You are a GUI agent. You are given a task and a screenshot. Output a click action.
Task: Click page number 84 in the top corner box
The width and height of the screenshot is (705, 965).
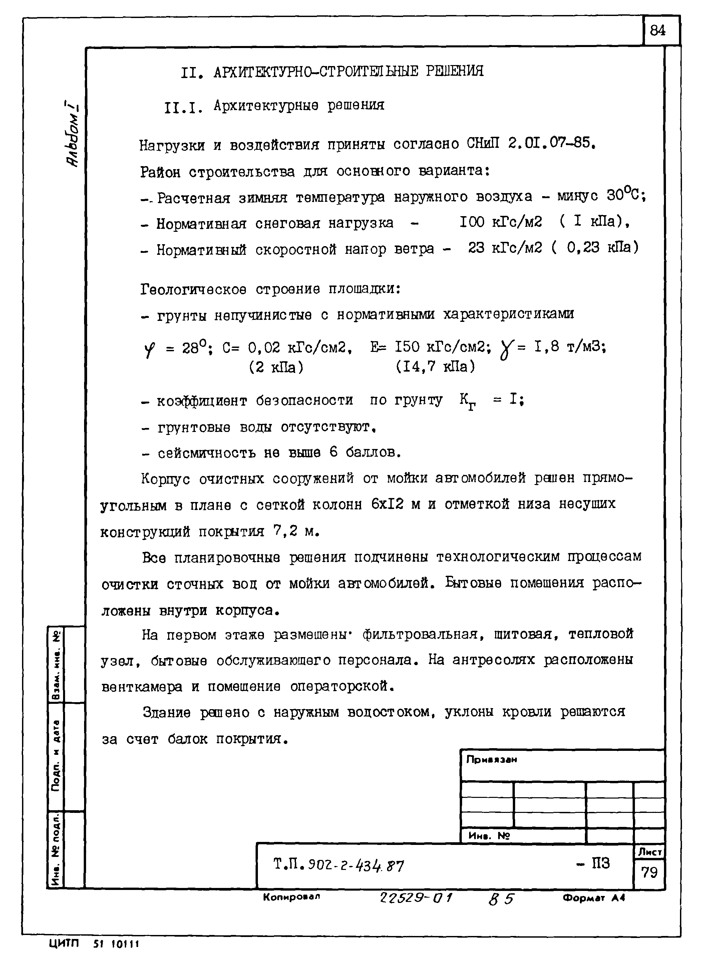[657, 30]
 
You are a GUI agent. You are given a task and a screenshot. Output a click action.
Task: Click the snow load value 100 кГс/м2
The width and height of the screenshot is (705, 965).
[500, 222]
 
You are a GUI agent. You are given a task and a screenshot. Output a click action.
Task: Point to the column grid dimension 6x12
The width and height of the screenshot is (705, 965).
[387, 504]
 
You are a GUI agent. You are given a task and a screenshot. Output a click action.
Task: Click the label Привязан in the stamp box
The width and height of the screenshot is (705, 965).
[491, 760]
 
